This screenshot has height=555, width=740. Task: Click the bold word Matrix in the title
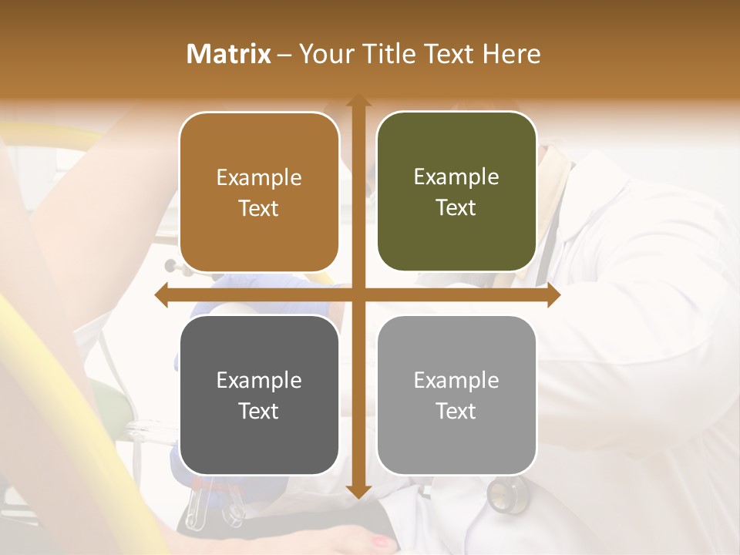coord(228,54)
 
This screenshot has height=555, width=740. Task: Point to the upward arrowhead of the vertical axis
coord(358,101)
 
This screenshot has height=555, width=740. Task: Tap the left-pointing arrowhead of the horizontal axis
coord(162,295)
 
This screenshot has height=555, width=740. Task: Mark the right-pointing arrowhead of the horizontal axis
coord(553,295)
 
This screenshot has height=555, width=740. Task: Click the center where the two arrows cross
coord(358,295)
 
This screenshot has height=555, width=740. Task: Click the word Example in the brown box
coord(259,178)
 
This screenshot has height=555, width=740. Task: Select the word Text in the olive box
coord(456,208)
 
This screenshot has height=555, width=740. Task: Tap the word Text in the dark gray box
coord(259,411)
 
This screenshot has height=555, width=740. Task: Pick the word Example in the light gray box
coord(456,380)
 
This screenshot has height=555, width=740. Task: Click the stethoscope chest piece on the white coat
coord(503,496)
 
